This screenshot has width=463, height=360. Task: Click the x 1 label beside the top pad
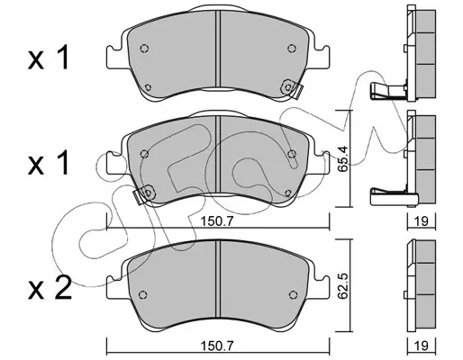coord(49,58)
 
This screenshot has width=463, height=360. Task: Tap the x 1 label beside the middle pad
coord(49,163)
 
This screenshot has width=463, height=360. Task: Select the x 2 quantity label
coord(50,287)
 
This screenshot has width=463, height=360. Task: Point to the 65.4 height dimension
coord(343,158)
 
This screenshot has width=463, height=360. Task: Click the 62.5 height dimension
coord(343,286)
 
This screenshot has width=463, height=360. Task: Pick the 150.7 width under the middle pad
coord(217,221)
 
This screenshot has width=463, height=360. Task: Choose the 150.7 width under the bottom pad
coord(217,346)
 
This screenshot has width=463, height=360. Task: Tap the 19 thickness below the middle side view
coord(422,221)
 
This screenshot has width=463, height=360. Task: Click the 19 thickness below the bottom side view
coord(422,346)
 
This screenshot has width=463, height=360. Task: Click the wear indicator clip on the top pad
coord(292,89)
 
